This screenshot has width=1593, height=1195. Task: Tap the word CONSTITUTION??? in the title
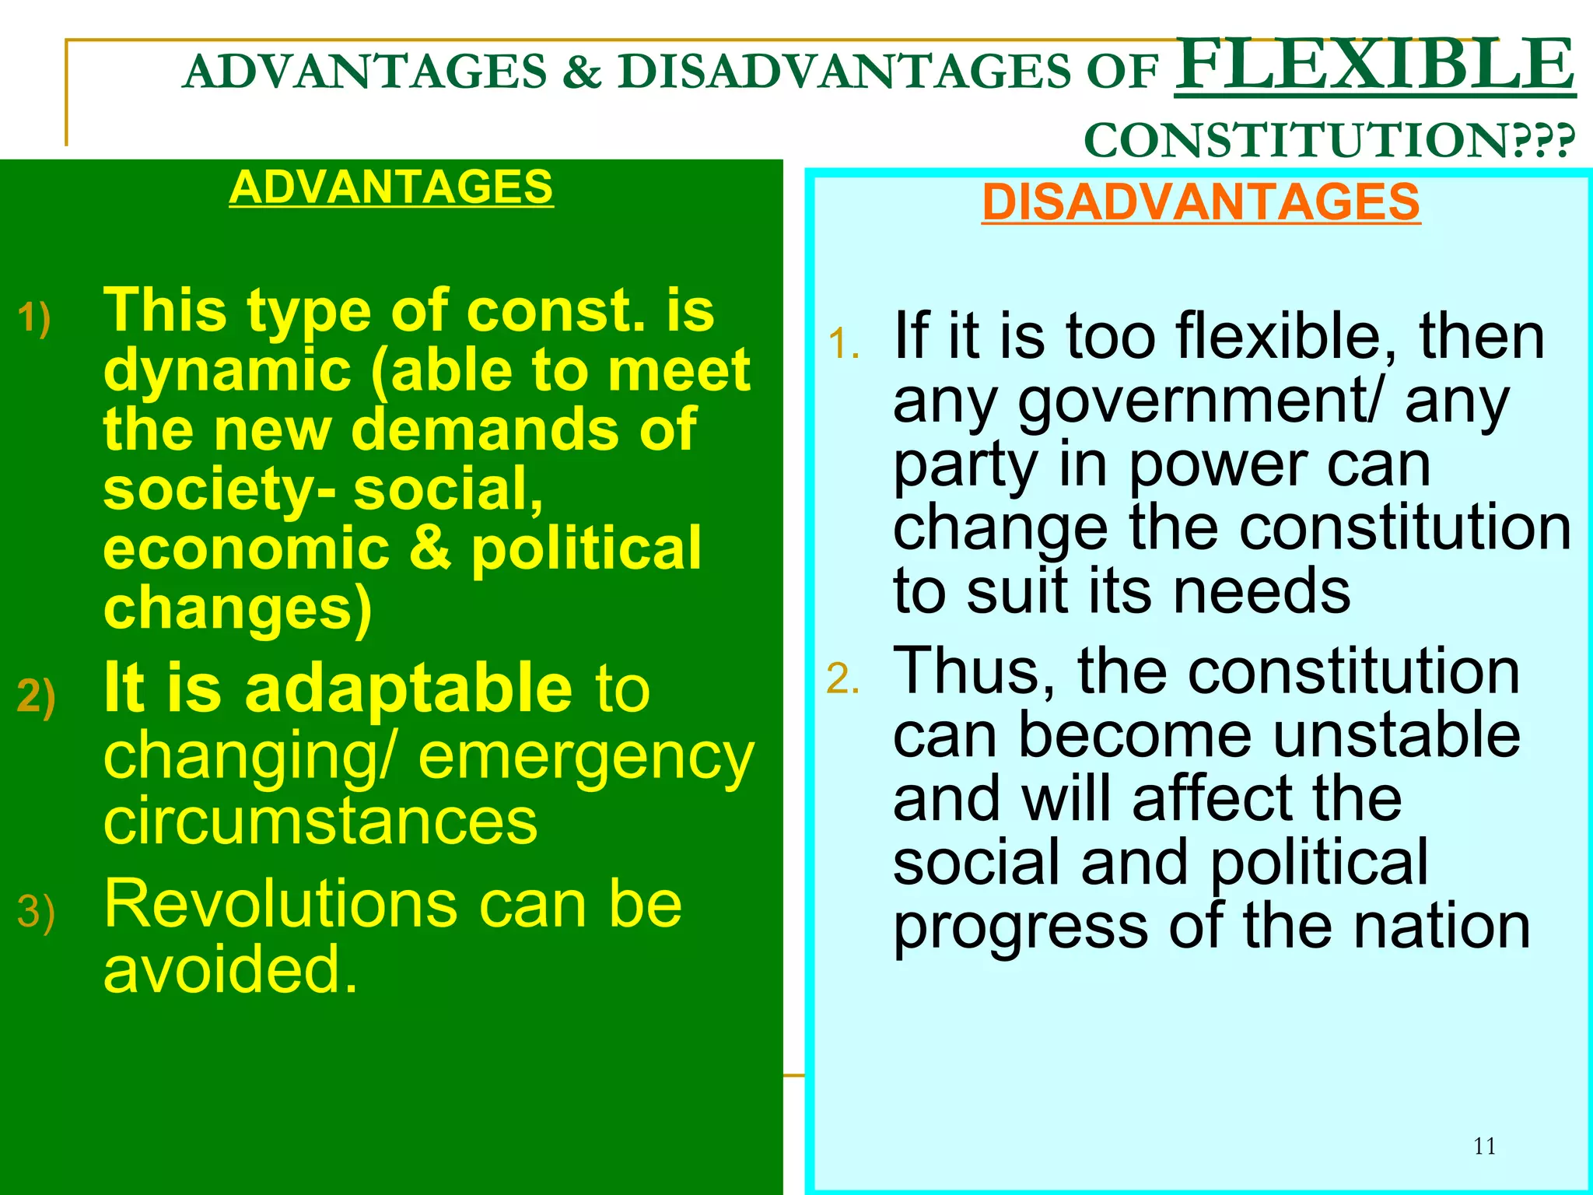[x=1329, y=141]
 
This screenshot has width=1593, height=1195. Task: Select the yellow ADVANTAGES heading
[x=390, y=187]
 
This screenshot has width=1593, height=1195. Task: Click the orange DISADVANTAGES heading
[x=1200, y=202]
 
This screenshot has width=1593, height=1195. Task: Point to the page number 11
[x=1484, y=1146]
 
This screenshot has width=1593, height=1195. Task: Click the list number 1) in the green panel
[x=34, y=318]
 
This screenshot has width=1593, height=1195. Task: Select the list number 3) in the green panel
[x=36, y=911]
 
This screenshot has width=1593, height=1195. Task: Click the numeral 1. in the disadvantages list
[x=843, y=343]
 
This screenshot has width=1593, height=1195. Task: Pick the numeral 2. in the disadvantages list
[x=842, y=678]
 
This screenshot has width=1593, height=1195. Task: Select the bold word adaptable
[x=409, y=688]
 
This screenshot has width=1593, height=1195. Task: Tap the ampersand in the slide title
[x=582, y=72]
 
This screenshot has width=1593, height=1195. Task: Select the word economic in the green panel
[x=246, y=548]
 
